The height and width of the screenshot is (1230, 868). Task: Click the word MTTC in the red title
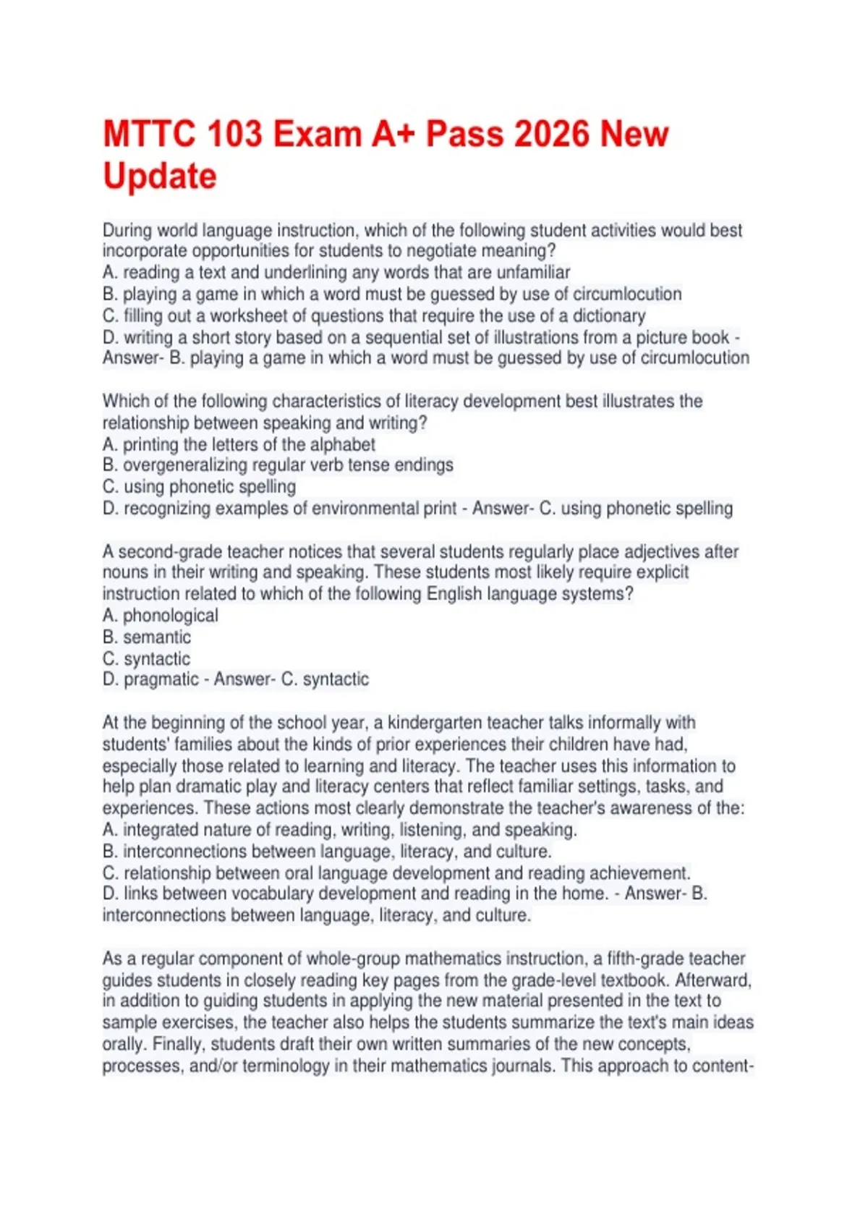click(x=148, y=135)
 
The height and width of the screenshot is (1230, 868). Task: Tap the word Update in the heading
click(x=160, y=177)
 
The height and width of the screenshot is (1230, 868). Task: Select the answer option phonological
click(x=170, y=616)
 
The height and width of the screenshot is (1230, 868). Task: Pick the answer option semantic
click(x=157, y=637)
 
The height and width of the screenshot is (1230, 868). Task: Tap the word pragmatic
click(x=161, y=679)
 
